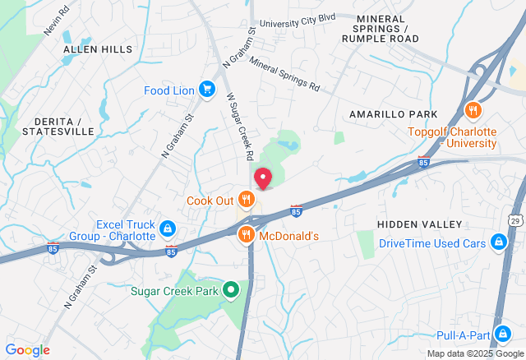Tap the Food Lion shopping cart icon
click(208, 90)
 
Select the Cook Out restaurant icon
click(246, 198)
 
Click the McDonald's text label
click(288, 236)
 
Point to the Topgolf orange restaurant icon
click(473, 111)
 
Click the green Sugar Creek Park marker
click(232, 289)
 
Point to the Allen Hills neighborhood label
click(98, 49)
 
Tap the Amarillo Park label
click(393, 113)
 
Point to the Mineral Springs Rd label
click(284, 72)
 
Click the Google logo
click(27, 350)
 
